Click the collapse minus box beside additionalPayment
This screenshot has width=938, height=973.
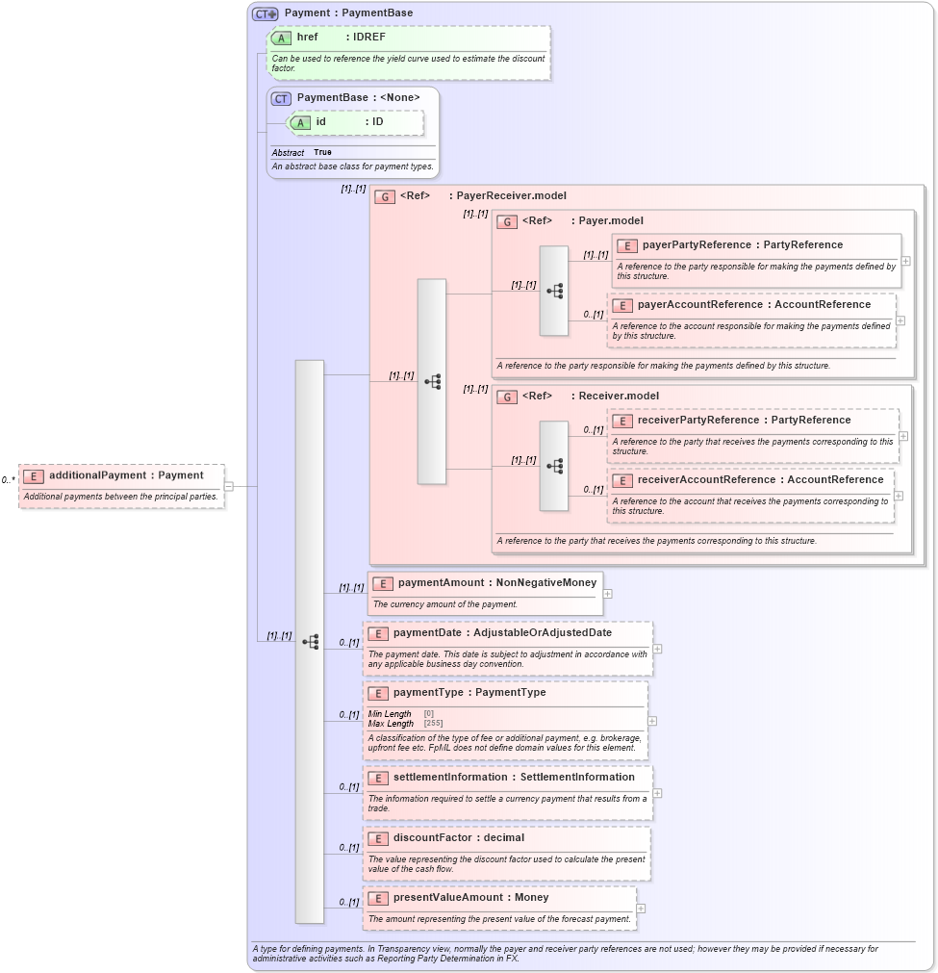pos(228,486)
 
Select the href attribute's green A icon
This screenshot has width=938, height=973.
pos(281,38)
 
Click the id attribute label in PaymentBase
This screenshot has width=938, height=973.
pos(321,122)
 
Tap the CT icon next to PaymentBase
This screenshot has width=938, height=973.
pos(281,98)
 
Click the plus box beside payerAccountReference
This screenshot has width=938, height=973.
pos(900,320)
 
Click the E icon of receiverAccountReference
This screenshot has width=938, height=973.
pos(621,480)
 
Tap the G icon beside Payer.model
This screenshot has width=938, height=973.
pos(507,221)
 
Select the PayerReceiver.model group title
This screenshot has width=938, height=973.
pos(511,196)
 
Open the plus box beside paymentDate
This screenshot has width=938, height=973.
pos(657,649)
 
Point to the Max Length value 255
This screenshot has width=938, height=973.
pos(433,724)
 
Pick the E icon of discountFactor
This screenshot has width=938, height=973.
pos(377,838)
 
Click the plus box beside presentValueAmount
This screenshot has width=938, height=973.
pos(641,909)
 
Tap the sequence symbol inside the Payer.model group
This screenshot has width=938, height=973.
pos(554,291)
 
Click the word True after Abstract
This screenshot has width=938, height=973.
pos(322,152)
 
